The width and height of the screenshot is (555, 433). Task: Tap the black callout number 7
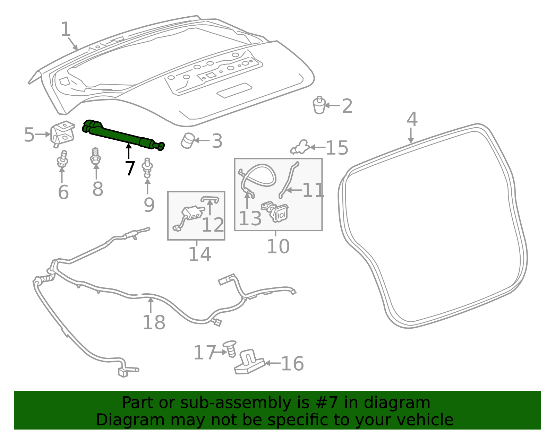(130, 168)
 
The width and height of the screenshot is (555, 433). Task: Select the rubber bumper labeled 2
(319, 105)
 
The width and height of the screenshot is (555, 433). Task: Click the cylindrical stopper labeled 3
(188, 141)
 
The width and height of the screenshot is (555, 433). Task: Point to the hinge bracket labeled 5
(62, 134)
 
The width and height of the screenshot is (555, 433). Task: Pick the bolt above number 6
(62, 159)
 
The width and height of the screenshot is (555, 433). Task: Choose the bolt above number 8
(95, 156)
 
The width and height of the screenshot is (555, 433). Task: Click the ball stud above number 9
(147, 168)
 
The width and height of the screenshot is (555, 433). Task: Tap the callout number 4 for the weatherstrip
(412, 119)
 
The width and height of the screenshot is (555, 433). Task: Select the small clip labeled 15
(300, 147)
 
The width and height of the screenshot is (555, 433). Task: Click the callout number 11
(313, 190)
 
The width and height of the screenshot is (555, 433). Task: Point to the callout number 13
(250, 218)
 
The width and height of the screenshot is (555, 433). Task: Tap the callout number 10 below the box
(278, 246)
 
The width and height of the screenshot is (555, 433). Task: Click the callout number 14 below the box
(200, 254)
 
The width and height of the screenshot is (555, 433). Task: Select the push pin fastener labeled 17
(230, 348)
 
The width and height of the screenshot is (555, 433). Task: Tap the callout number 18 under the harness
(154, 322)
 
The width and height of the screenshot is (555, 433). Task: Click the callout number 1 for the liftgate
(66, 29)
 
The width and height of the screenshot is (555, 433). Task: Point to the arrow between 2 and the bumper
(332, 105)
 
